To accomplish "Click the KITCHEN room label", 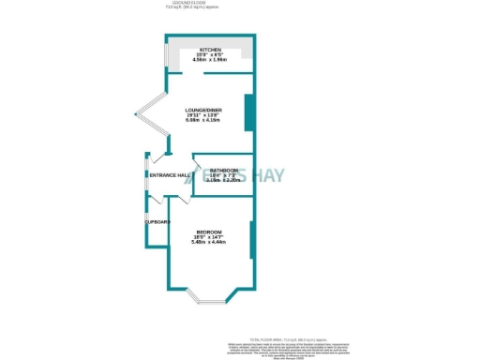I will pos(210,50).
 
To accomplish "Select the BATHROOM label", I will pos(223,170).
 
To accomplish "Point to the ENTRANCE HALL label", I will pos(170,175).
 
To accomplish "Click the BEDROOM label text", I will pos(209,232).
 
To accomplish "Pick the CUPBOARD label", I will pos(157,222).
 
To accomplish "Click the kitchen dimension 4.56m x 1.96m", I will pos(210,61).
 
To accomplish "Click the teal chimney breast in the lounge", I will pos(247,112).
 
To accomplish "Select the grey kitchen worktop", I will pos(211,67).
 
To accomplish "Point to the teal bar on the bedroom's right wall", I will pos(250,239).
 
